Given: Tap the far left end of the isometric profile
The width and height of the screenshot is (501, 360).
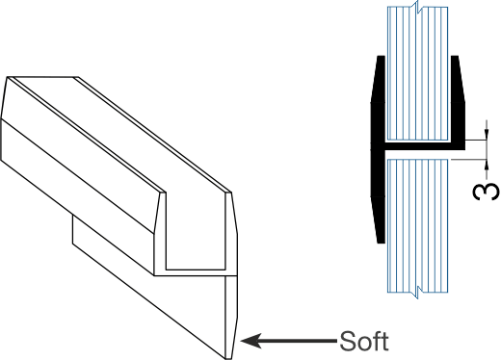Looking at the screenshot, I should coord(10,116).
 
